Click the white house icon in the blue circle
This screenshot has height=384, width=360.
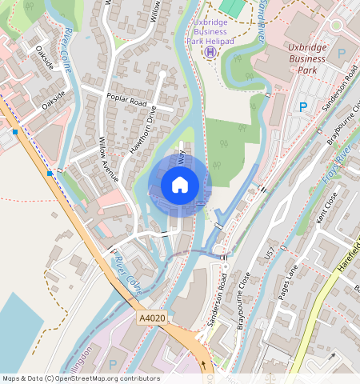(180, 185)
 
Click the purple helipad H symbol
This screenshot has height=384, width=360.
(210, 52)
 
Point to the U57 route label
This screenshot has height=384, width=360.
(270, 258)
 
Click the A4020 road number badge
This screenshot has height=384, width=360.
(151, 318)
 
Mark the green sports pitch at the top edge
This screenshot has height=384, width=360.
(232, 6)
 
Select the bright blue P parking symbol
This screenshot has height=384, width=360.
(303, 106)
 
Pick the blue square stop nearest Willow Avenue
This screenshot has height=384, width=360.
(50, 173)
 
